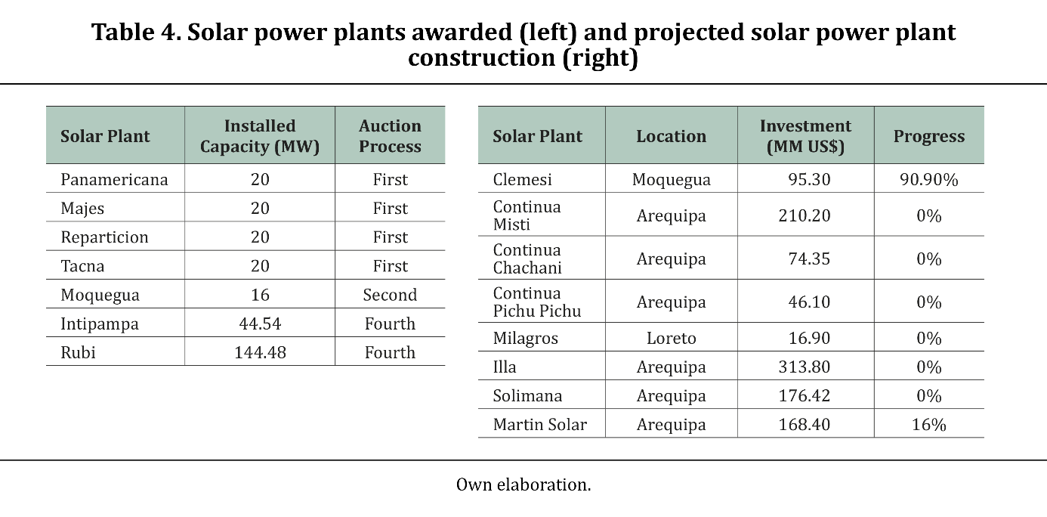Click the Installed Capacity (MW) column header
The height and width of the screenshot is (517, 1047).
(260, 136)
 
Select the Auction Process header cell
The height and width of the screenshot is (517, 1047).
(390, 136)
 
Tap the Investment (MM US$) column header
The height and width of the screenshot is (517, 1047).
(805, 136)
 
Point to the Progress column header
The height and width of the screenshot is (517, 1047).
(929, 136)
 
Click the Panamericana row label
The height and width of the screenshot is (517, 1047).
(114, 179)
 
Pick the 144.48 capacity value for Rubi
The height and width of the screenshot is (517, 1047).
(260, 352)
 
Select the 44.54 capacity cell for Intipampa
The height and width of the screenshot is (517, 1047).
(260, 324)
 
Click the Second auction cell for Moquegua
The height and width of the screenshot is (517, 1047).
(390, 295)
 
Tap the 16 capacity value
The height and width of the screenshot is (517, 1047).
(260, 295)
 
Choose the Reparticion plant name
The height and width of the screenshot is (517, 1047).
(104, 237)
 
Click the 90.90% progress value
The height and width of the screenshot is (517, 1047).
(929, 180)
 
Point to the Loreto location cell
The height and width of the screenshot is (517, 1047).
(672, 338)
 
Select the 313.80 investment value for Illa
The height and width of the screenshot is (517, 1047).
(805, 367)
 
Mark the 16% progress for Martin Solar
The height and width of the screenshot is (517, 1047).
(929, 424)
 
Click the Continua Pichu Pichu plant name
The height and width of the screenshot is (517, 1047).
(537, 302)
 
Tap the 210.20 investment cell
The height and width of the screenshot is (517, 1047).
(805, 215)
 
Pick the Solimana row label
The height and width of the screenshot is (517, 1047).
(527, 396)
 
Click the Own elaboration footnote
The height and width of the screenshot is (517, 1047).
(523, 484)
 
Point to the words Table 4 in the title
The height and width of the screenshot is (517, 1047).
(136, 33)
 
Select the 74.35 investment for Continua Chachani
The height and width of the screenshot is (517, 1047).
(809, 258)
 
